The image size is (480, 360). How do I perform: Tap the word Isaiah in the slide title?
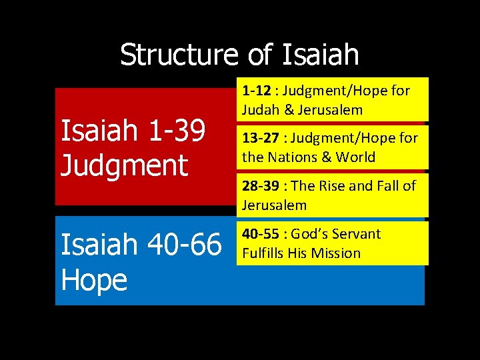pos(320,55)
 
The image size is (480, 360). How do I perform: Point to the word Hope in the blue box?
pos(93,280)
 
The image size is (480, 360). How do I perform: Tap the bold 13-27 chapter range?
pos(260,138)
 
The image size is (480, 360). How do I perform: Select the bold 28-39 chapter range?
pos(260,185)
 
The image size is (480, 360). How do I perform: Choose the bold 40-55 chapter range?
pos(260,234)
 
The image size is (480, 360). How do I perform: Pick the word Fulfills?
pos(263,253)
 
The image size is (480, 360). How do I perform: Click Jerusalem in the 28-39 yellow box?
pos(274,205)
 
